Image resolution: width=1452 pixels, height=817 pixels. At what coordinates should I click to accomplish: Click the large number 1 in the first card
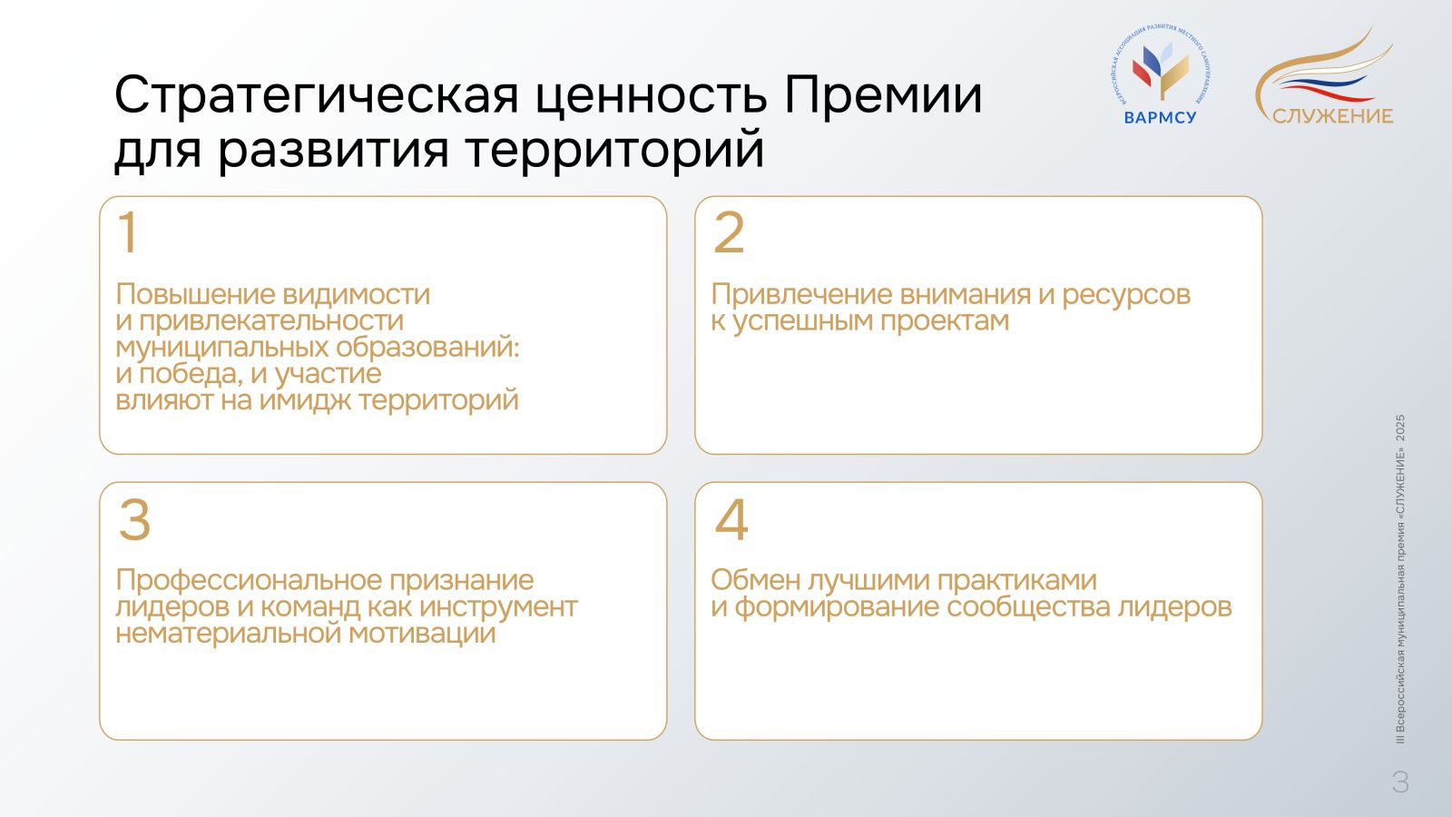(128, 232)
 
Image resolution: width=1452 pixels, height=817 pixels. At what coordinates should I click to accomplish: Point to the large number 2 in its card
(729, 232)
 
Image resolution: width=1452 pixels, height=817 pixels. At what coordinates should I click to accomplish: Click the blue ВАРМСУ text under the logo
(1160, 118)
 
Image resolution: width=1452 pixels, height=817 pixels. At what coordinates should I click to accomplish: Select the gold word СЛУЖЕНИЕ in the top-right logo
(1332, 116)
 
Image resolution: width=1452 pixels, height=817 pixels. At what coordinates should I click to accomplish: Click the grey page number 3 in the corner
(1400, 782)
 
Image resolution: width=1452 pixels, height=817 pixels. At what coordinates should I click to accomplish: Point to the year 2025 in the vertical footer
(1400, 428)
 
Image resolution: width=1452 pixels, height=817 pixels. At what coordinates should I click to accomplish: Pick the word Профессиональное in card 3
(249, 581)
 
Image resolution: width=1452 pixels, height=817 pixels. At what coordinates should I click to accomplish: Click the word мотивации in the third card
(422, 634)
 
